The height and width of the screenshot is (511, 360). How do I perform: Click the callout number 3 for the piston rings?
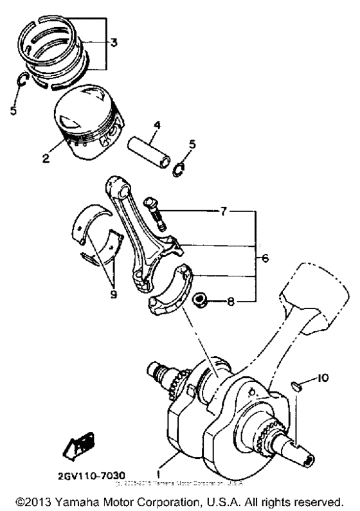[x=113, y=44]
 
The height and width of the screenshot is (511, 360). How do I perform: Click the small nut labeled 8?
[x=200, y=300]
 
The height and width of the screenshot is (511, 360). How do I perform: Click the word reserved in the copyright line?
[x=318, y=499]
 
